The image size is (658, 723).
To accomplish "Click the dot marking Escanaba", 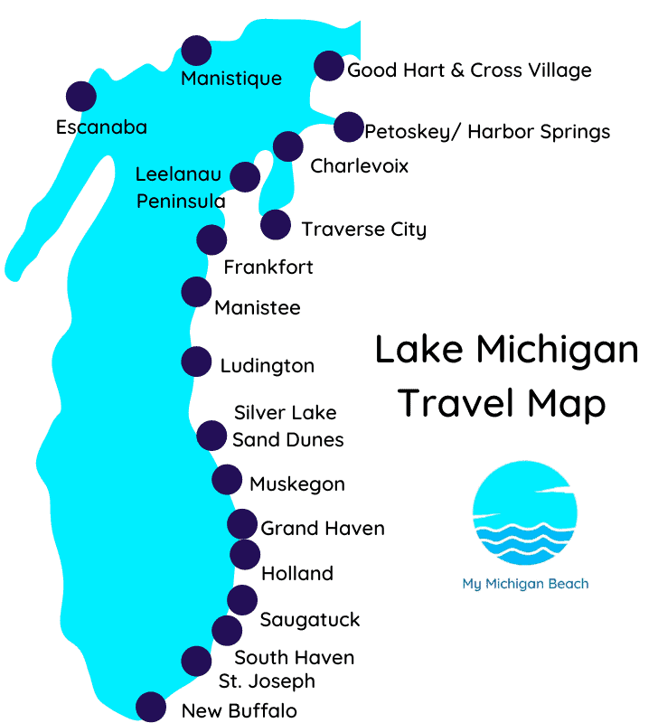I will [81, 96].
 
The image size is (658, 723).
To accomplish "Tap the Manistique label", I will [231, 79].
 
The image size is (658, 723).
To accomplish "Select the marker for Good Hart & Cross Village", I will [328, 65].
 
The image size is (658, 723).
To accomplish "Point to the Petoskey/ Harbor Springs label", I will [487, 132].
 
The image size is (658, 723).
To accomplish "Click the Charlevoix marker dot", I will [287, 146].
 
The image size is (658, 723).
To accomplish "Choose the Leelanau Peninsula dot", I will [245, 176].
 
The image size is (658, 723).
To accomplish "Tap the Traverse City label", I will [363, 229].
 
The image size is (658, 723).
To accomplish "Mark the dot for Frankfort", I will [211, 239].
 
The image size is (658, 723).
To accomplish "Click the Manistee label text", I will [258, 308].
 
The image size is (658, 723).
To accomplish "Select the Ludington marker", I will [196, 361].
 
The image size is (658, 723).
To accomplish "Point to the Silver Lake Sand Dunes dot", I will [211, 436].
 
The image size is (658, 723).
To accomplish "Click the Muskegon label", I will [296, 484].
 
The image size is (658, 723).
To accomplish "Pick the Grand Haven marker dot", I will [242, 524].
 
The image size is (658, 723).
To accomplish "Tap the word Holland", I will [297, 574].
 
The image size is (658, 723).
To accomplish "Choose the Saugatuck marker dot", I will [241, 599].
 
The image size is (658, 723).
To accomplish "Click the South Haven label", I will [294, 658].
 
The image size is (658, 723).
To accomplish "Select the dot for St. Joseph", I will [196, 662].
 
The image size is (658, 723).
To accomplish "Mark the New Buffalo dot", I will [151, 707].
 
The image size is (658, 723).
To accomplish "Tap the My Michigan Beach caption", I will [525, 584].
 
